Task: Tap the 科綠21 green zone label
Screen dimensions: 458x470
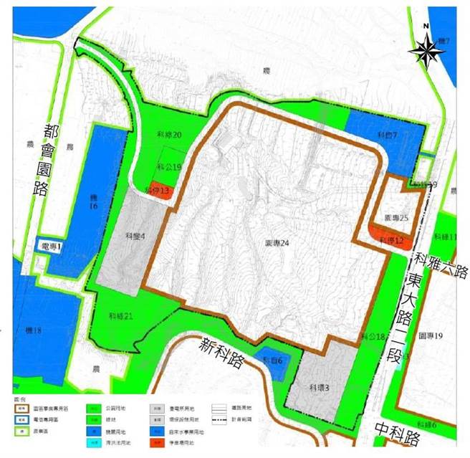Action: [120, 314]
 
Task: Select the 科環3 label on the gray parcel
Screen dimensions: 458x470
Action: [318, 387]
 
